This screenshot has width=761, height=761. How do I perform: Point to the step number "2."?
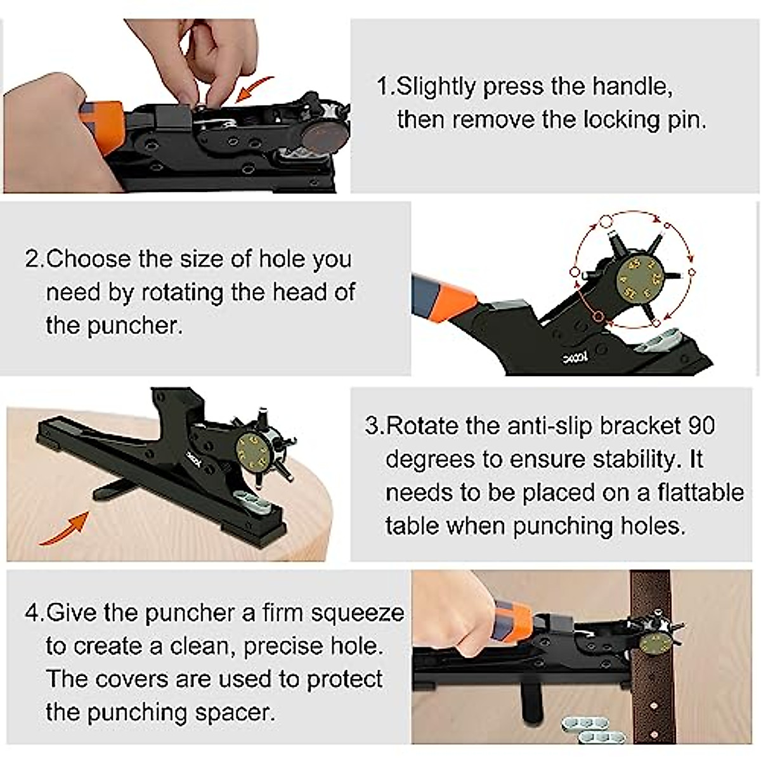(34, 259)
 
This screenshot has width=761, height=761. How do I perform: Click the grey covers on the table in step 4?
(587, 729)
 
